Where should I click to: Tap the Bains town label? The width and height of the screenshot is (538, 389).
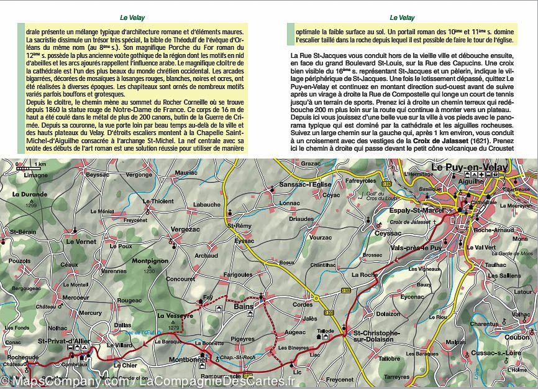pyautogui.click(x=245, y=306)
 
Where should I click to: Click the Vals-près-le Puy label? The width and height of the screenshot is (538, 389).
pyautogui.click(x=416, y=248)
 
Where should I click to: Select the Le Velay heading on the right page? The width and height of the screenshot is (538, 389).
pyautogui.click(x=402, y=18)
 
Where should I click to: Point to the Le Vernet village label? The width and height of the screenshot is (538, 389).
pyautogui.click(x=77, y=241)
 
